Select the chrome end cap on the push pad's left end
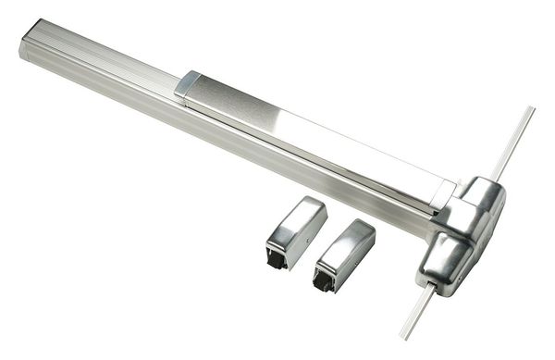(x=186, y=85)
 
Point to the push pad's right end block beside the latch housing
(x=441, y=193)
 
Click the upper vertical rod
(x=512, y=143)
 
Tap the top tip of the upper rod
(x=531, y=110)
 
